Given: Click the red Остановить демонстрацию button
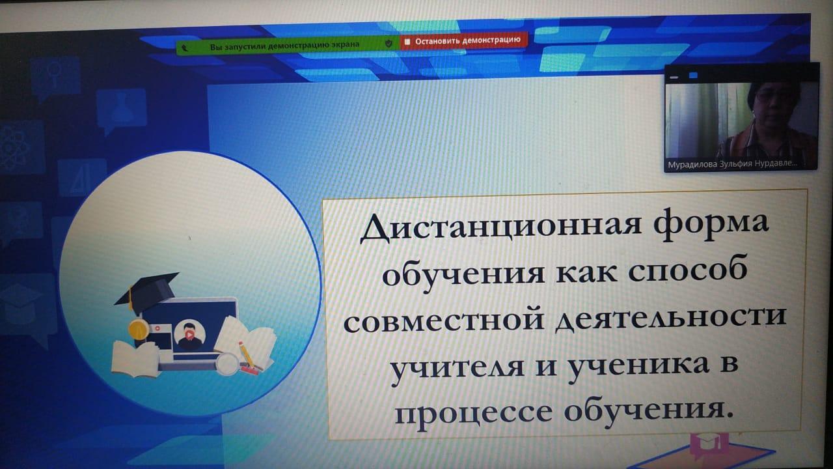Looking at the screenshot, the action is (463, 40).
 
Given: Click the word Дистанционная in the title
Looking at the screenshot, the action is (500, 225).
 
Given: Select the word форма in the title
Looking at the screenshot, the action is (711, 225).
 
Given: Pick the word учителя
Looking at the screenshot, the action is (457, 368).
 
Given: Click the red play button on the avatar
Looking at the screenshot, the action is (189, 335).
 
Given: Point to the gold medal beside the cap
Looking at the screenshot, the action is (138, 329).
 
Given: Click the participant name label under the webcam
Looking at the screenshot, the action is (732, 163).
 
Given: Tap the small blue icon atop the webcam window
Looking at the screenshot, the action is (693, 76).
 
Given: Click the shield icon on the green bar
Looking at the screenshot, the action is (389, 44).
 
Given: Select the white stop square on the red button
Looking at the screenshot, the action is (407, 42).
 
